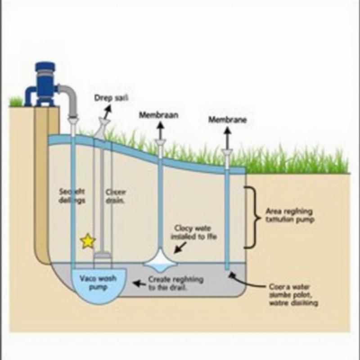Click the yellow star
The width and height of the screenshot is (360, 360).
(88, 242)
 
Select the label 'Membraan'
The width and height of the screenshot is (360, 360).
(158, 115)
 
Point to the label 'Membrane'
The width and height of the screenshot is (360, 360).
(228, 120)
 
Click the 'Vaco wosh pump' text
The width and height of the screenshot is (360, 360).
(97, 283)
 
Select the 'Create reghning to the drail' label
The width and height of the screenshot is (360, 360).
(175, 283)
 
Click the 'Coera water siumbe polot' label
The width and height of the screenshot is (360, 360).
(293, 294)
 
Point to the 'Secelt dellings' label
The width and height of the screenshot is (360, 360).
(72, 196)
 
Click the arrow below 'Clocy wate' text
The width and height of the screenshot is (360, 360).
(180, 247)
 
